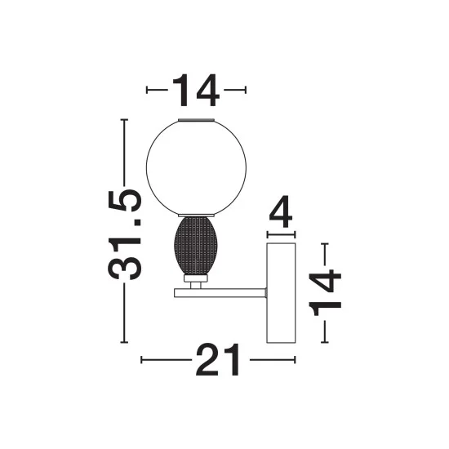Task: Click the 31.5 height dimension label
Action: pos(125,234)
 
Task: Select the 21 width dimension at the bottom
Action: pos(218,360)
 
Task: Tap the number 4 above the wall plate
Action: pos(281,211)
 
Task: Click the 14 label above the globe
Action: pos(196,90)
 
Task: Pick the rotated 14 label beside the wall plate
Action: pos(325,292)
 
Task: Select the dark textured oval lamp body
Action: pos(196,246)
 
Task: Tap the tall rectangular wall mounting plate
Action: pos(281,292)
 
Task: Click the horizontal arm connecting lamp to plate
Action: pos(220,293)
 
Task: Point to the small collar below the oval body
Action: pos(196,278)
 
